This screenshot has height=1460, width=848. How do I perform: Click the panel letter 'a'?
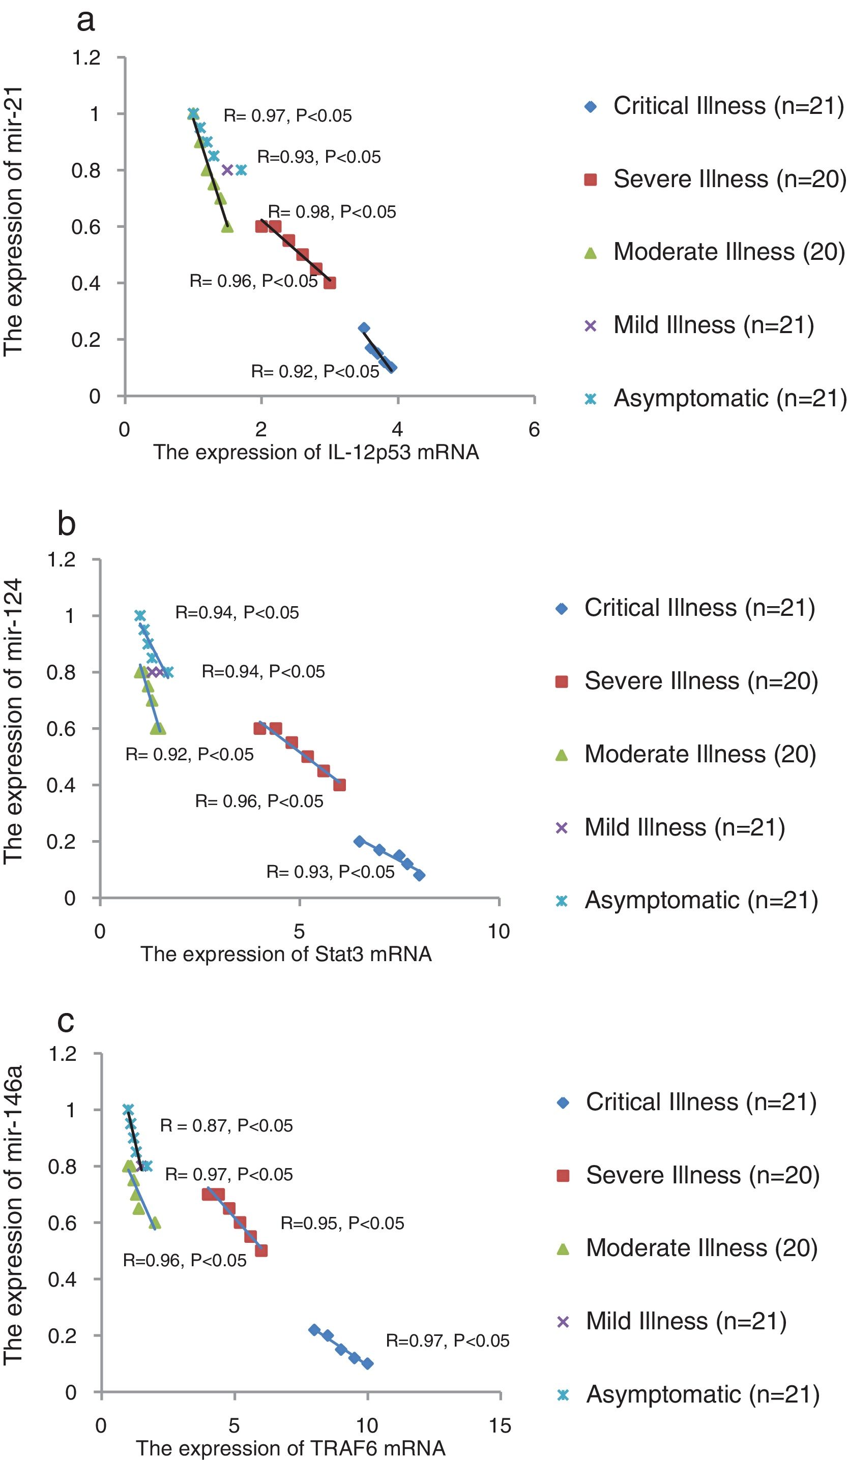pos(86,21)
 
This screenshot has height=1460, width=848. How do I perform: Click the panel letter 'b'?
pos(67,524)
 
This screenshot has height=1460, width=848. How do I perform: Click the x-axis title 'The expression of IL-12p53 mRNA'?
pos(316,452)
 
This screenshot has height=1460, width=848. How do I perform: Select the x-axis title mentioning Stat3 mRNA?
pos(286,954)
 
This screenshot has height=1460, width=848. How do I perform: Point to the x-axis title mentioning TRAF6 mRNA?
pos(290,1448)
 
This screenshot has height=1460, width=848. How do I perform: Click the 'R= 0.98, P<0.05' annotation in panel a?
pos(332,212)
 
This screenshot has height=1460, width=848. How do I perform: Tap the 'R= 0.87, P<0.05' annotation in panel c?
pos(226,1126)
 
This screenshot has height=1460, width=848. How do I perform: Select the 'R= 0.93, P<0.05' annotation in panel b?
pos(330,872)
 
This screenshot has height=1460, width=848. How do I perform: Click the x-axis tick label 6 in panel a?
pos(534,429)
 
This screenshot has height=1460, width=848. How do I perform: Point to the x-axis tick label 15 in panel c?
pos(500,1426)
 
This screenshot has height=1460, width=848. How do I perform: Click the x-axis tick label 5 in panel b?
pos(299,932)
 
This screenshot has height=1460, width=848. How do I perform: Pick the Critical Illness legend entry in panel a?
pos(714,106)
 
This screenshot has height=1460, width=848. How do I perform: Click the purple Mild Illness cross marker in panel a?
pos(227,170)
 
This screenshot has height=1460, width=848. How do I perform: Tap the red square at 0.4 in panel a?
pos(330,283)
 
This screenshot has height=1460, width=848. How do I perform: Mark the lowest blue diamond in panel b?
pos(419,875)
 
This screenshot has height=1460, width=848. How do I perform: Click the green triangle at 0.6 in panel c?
pos(155,1223)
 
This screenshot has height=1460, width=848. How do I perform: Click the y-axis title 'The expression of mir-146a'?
pos(13,1215)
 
